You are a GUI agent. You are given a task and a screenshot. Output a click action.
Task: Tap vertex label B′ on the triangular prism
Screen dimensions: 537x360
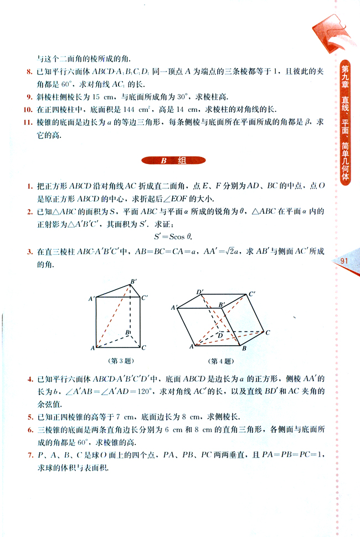tap(133, 282)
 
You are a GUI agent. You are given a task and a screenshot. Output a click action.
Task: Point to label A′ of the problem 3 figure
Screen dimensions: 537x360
tap(91, 299)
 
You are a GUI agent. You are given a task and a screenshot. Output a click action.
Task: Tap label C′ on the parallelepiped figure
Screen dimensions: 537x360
tap(253, 294)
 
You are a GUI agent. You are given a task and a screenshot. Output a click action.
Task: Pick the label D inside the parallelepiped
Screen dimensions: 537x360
tap(220, 335)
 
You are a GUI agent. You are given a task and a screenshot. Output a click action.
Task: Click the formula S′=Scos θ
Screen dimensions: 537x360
tap(172, 236)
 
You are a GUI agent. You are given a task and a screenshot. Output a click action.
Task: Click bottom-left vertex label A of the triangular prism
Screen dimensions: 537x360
tap(92, 347)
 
